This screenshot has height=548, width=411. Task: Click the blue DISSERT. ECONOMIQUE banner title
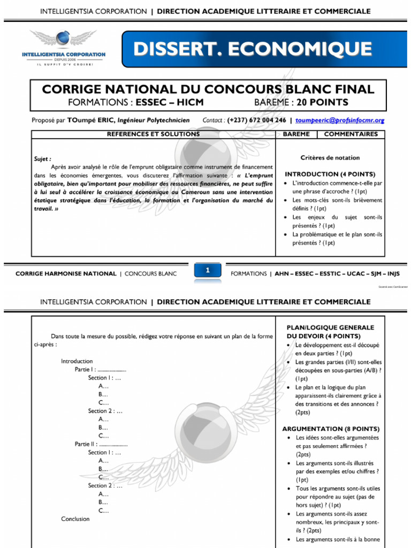click(x=253, y=49)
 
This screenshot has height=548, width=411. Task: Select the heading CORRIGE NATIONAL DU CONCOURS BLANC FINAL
click(x=208, y=89)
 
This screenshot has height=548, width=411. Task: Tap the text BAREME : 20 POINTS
click(x=301, y=102)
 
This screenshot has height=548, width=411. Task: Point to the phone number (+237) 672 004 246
click(x=257, y=120)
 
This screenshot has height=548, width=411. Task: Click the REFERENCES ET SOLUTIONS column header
click(x=154, y=134)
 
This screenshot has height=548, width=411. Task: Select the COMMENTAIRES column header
click(x=351, y=134)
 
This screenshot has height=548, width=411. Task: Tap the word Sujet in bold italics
click(x=42, y=159)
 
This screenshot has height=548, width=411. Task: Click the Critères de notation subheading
click(x=330, y=158)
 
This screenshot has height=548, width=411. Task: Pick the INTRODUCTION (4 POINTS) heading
click(x=330, y=174)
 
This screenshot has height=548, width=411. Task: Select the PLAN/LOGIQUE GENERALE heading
click(x=330, y=328)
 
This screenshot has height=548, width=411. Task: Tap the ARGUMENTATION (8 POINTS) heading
click(x=331, y=429)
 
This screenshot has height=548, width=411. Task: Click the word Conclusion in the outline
click(x=75, y=519)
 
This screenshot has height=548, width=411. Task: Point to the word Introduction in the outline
click(x=77, y=361)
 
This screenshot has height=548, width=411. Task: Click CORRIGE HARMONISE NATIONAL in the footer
click(x=66, y=273)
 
